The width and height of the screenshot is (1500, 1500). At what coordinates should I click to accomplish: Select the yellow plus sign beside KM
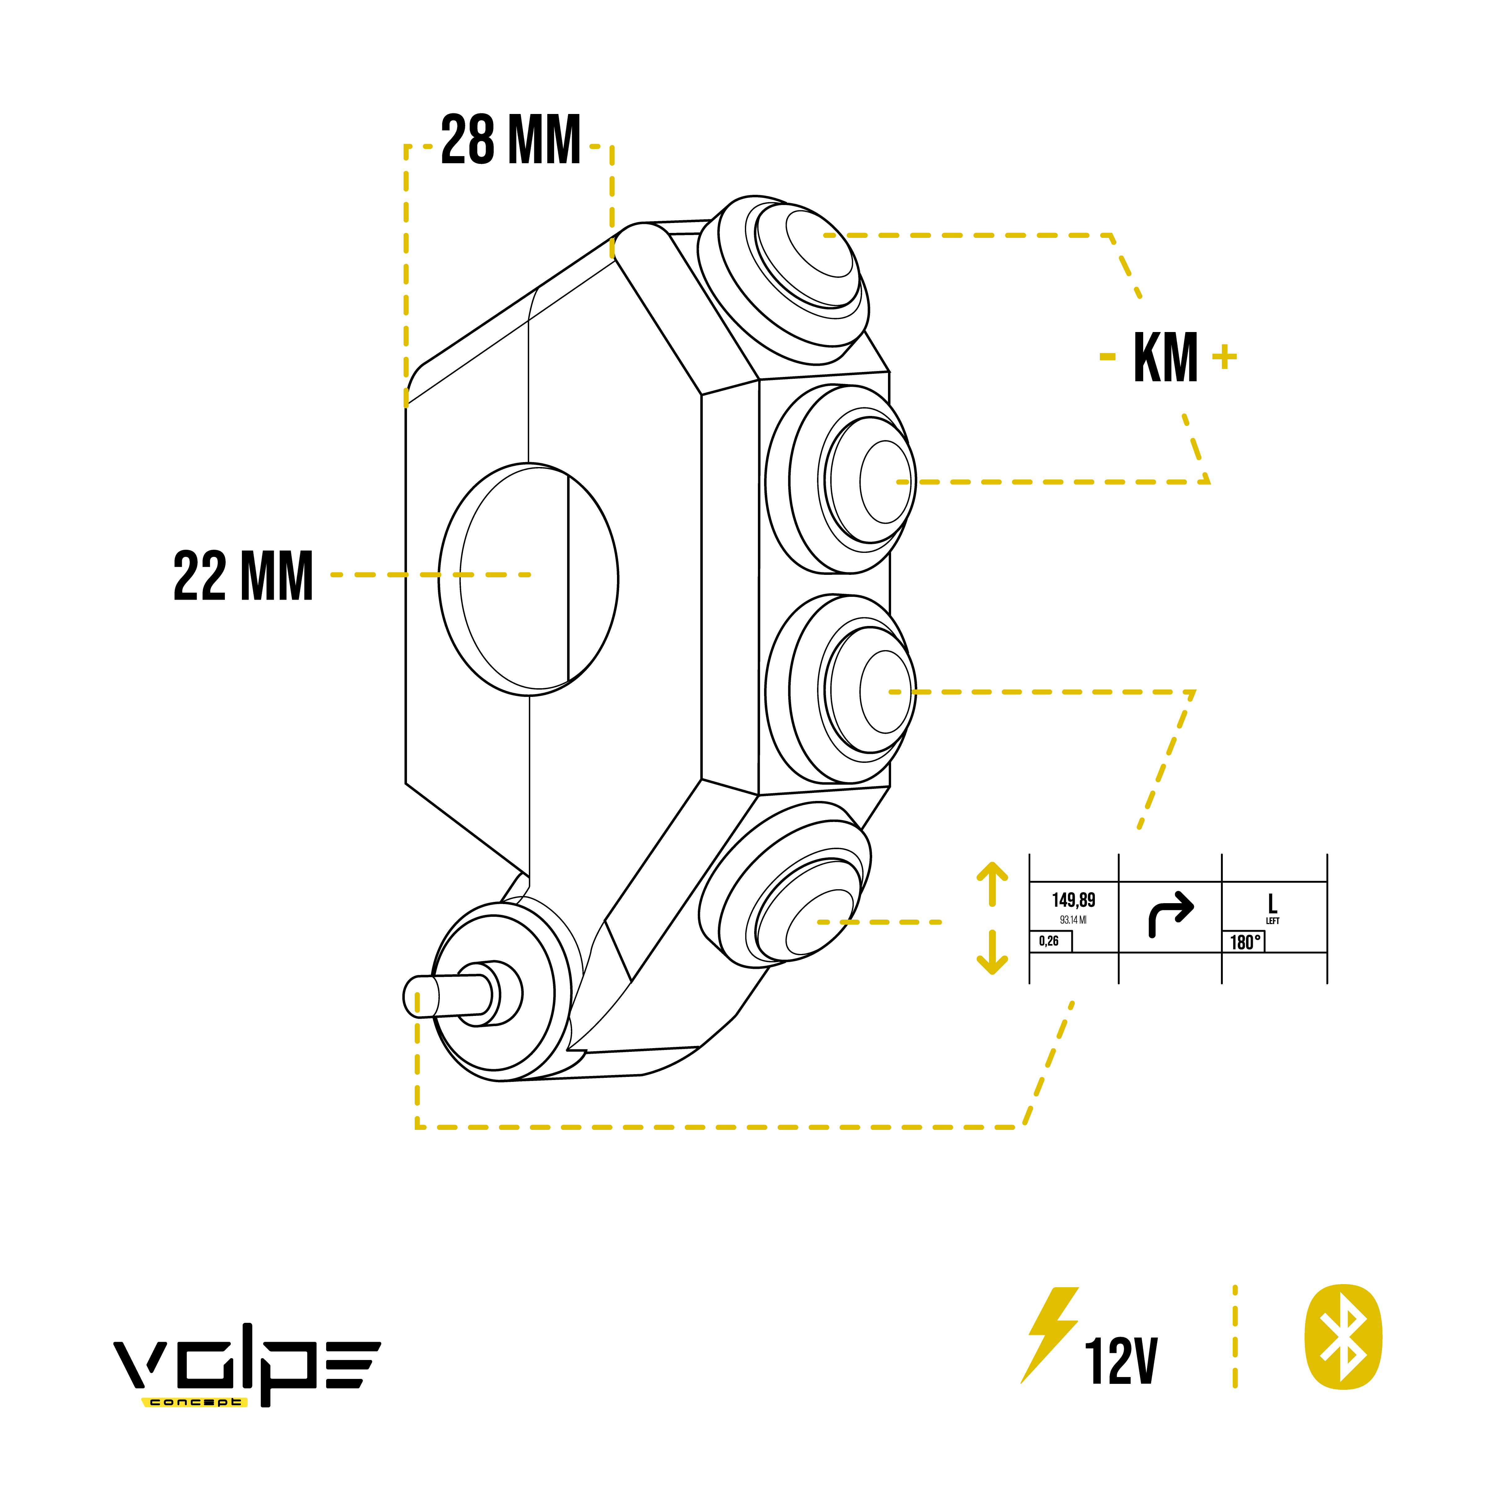pyautogui.click(x=1224, y=357)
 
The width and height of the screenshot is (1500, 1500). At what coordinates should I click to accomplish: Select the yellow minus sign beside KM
pyautogui.click(x=1107, y=357)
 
